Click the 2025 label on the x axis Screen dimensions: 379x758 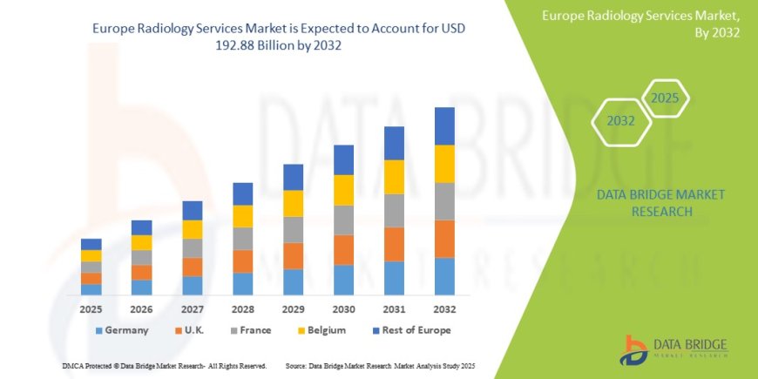coord(91,309)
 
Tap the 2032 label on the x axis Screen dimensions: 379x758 coord(444,309)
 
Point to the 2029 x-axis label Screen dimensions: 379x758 coord(293,309)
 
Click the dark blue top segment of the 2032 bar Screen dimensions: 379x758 coord(444,125)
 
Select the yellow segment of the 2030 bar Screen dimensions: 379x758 coord(343,190)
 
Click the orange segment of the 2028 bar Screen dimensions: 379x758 coord(242,261)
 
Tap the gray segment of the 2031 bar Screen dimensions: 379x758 coord(394,210)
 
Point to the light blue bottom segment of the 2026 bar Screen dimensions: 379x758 coord(141,287)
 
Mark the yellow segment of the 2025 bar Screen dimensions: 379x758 coord(91,256)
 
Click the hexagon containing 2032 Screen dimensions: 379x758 coord(620,121)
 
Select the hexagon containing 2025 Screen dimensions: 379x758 coord(665,98)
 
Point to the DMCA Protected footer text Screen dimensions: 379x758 coord(165,366)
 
